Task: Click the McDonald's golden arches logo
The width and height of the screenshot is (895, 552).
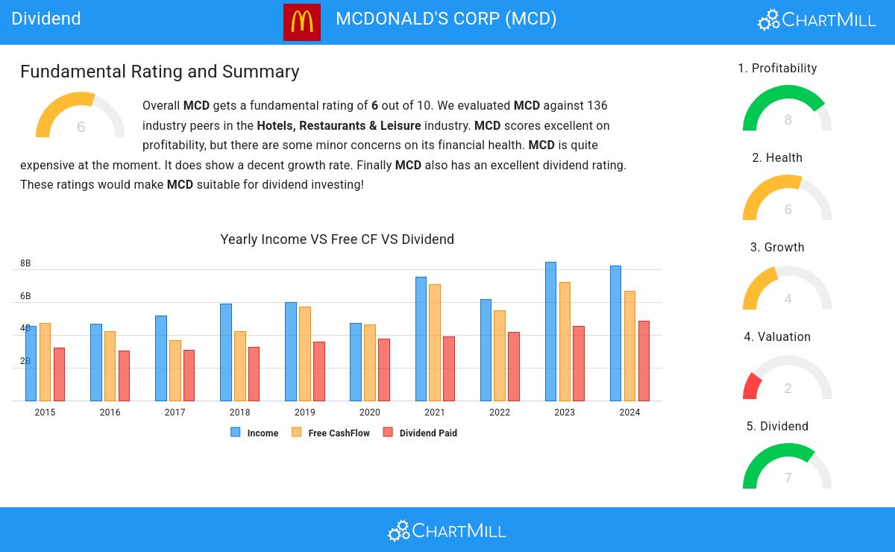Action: tap(302, 22)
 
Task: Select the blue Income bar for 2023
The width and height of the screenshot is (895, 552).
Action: tap(550, 332)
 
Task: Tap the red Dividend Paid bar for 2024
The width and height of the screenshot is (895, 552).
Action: tap(644, 361)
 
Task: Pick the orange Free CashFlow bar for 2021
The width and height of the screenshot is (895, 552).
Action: tap(435, 343)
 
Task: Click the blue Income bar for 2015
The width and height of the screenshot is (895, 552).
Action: tap(31, 363)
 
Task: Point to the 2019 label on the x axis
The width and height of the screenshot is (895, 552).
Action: tap(304, 413)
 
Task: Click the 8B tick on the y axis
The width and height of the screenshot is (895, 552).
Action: tap(25, 263)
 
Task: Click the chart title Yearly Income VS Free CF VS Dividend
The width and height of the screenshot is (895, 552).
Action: tap(337, 239)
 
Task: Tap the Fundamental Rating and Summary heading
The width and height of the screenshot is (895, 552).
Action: tap(160, 72)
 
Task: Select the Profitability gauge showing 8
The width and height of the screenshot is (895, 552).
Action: tap(788, 110)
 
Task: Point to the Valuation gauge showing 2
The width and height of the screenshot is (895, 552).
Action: tap(788, 378)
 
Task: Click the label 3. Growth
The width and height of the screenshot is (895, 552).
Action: tap(777, 248)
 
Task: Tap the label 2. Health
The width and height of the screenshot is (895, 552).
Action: tap(777, 158)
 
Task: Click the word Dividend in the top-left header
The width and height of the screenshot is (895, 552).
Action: tap(46, 19)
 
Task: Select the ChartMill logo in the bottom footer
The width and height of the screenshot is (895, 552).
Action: tap(447, 530)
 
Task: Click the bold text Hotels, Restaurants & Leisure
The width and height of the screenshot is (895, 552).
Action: tap(339, 125)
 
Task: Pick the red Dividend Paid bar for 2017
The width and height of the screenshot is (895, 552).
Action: tap(189, 375)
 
